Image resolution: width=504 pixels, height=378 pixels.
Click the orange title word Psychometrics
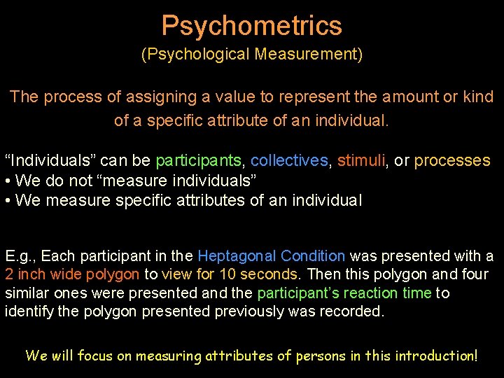(252, 26)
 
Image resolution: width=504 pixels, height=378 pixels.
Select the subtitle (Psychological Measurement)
(252, 55)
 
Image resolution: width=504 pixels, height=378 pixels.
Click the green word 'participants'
(198, 161)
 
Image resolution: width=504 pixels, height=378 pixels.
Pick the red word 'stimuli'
(361, 161)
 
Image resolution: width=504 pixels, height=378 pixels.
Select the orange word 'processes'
(452, 161)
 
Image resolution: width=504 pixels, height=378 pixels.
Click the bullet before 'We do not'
(8, 181)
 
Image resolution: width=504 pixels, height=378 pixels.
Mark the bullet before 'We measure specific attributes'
(8, 202)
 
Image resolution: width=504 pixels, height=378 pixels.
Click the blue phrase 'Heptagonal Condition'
(272, 257)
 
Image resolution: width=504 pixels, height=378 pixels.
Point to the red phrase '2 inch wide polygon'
(73, 275)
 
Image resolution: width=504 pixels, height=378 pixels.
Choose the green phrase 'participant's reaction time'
(344, 293)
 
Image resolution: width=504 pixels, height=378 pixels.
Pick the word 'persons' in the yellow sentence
(321, 356)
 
